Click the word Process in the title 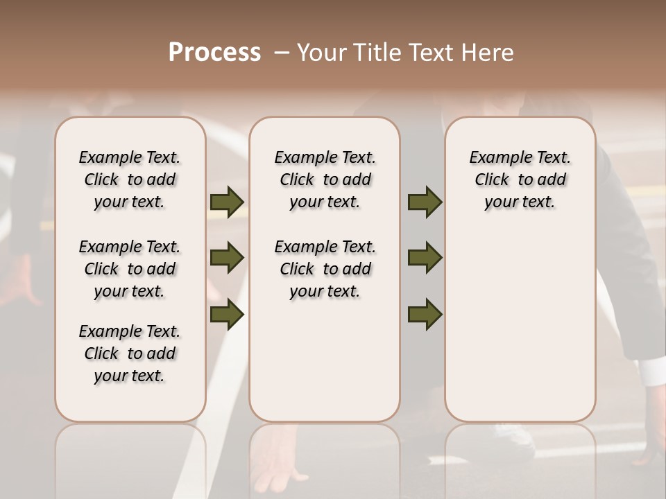point(214,53)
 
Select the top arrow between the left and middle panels point(227,202)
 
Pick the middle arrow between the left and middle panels point(227,258)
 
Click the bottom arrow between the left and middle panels point(227,314)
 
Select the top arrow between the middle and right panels point(425,202)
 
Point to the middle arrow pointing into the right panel point(425,258)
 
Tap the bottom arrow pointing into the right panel point(425,314)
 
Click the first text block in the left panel point(130,180)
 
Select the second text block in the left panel point(130,269)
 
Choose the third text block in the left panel point(130,353)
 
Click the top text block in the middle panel point(325,180)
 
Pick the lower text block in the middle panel point(325,269)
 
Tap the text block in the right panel point(520,180)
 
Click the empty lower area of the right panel point(520,326)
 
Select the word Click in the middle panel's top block point(297,180)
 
